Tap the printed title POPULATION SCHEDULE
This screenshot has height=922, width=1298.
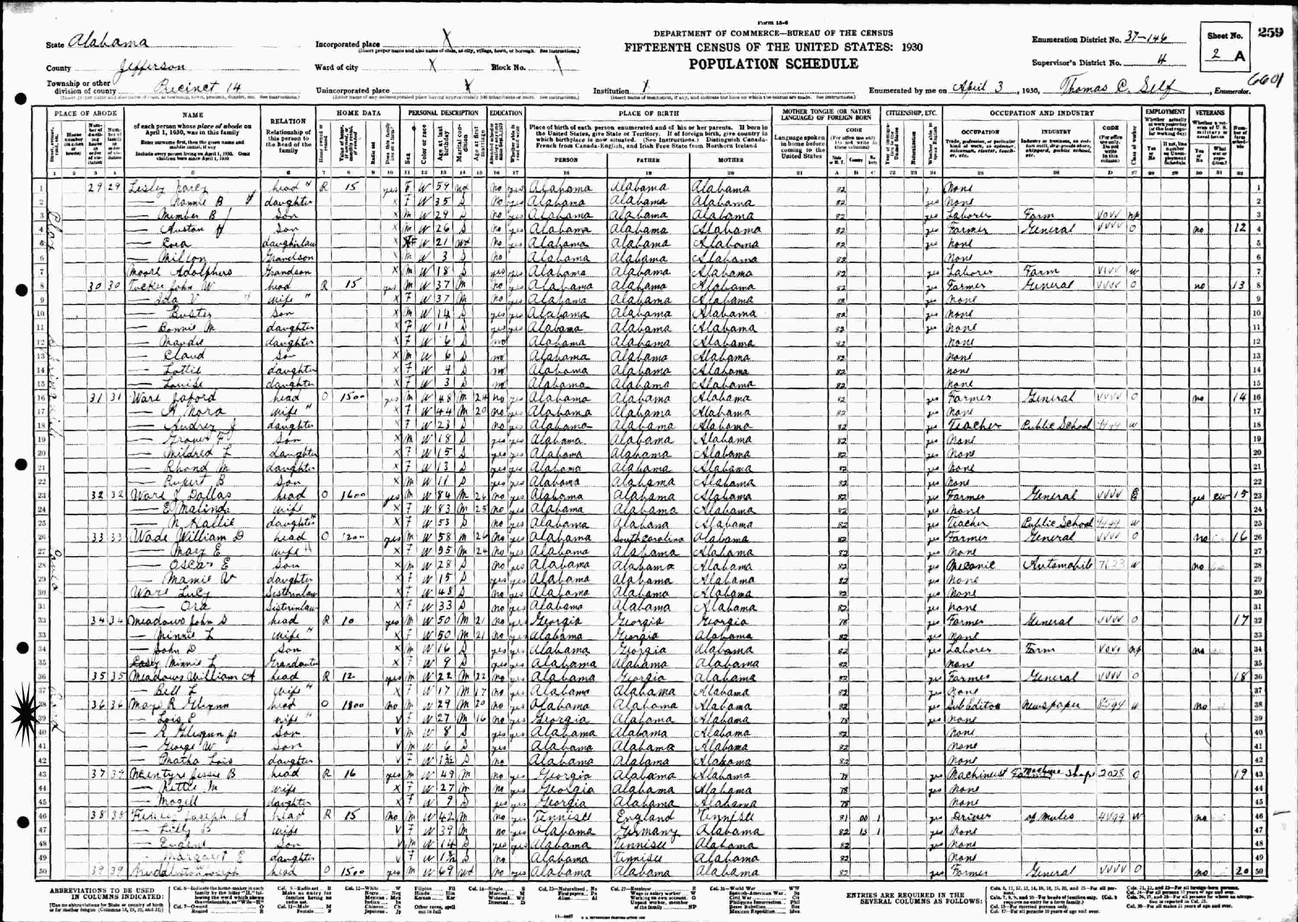tap(773, 64)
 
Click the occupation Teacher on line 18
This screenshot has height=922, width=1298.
tap(966, 425)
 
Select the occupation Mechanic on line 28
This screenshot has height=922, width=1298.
tap(966, 566)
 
